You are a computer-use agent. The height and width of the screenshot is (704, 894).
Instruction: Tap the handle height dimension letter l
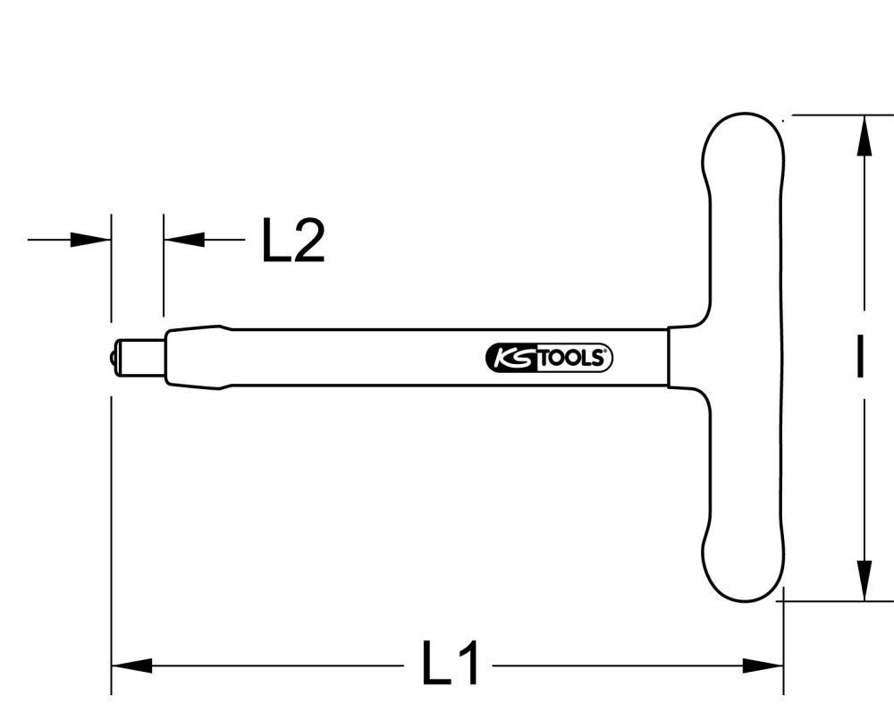tap(859, 357)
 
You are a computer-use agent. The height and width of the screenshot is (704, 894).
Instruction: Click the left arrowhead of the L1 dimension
tap(131, 666)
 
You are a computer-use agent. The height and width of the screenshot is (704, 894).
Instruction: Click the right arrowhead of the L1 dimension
tap(764, 666)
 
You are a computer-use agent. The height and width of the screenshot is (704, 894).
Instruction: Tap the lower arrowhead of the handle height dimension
tap(864, 580)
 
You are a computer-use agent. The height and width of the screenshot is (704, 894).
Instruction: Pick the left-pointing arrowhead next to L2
tap(184, 240)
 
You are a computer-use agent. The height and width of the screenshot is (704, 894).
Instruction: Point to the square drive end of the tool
tap(138, 357)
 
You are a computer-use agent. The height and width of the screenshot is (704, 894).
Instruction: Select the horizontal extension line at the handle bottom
tap(837, 601)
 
